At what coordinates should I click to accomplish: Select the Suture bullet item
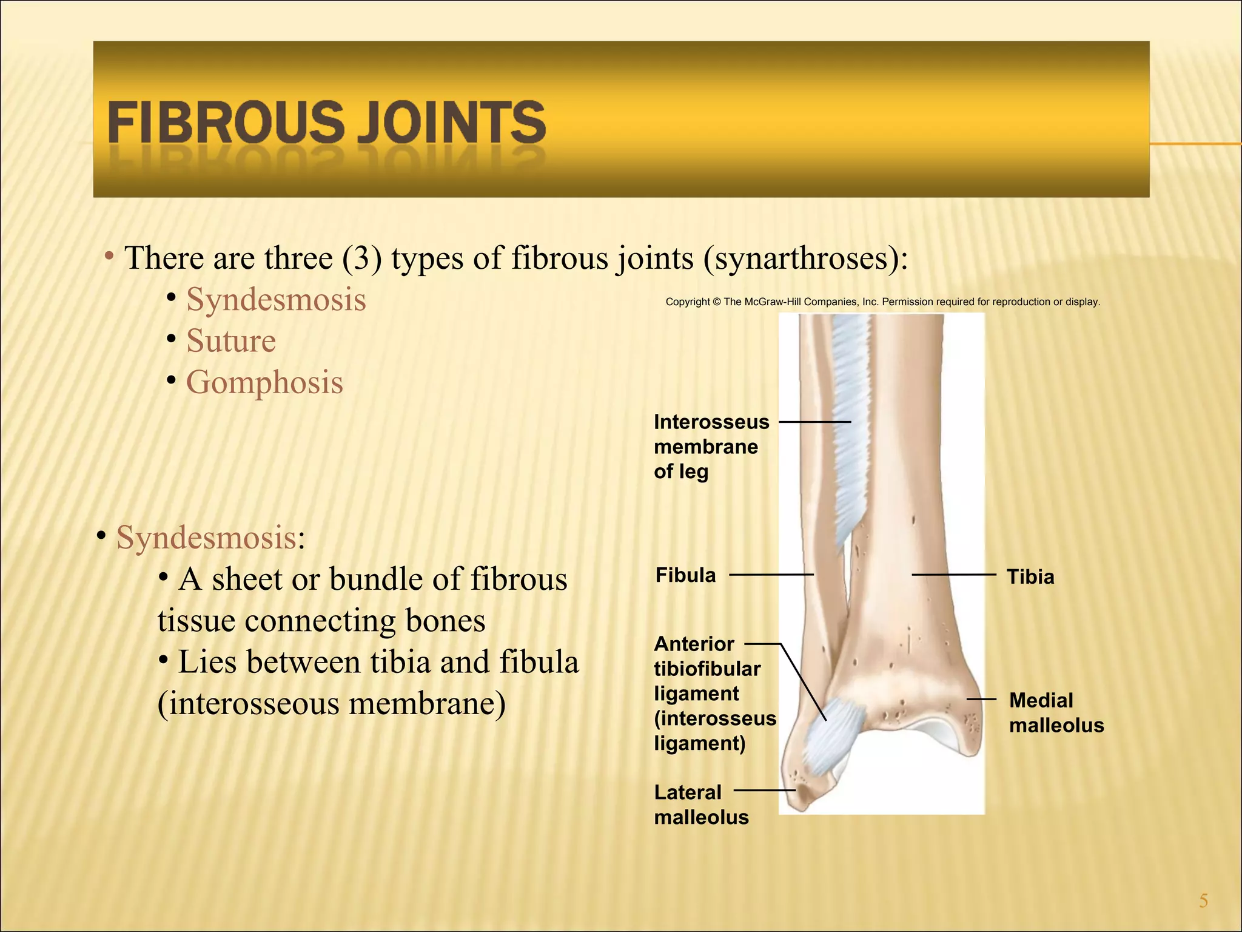point(230,340)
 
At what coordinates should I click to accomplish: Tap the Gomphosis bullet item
point(264,382)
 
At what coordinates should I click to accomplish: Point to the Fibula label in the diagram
point(685,575)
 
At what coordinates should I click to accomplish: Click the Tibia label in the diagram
point(1030,576)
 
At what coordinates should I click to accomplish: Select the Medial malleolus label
point(1056,713)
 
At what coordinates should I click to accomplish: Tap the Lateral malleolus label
point(700,805)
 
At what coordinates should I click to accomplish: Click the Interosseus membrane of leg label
point(711,447)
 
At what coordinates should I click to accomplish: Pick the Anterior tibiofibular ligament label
point(714,693)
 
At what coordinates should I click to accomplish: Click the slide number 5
point(1203,901)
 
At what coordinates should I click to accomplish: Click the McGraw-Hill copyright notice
point(882,302)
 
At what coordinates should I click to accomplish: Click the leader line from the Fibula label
point(771,574)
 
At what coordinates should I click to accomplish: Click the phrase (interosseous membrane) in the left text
point(331,704)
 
